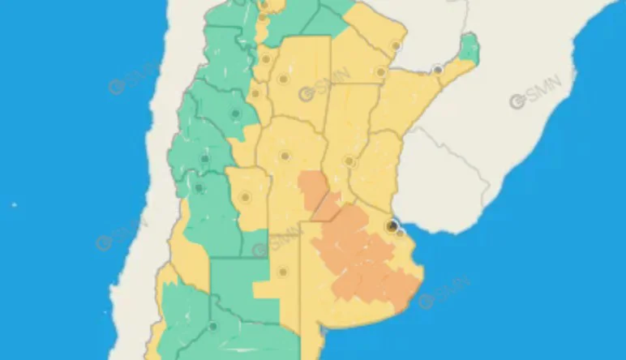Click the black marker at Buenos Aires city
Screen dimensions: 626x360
tap(392, 226)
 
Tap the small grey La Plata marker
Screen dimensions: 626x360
tap(401, 234)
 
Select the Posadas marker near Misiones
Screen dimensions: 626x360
tap(438, 71)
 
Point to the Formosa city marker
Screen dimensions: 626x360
tap(397, 45)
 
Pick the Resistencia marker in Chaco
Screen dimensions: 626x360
tap(379, 72)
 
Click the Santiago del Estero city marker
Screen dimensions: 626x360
tap(283, 79)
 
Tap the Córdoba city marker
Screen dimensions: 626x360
tap(285, 156)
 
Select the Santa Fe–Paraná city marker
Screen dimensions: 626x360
tap(349, 161)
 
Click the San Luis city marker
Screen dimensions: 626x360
tap(246, 197)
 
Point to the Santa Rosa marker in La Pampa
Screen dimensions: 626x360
tap(283, 272)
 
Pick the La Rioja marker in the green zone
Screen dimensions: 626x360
tap(235, 114)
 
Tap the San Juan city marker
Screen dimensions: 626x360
tap(205, 159)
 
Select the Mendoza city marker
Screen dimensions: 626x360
tap(199, 189)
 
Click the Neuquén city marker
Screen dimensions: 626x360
tap(212, 327)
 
